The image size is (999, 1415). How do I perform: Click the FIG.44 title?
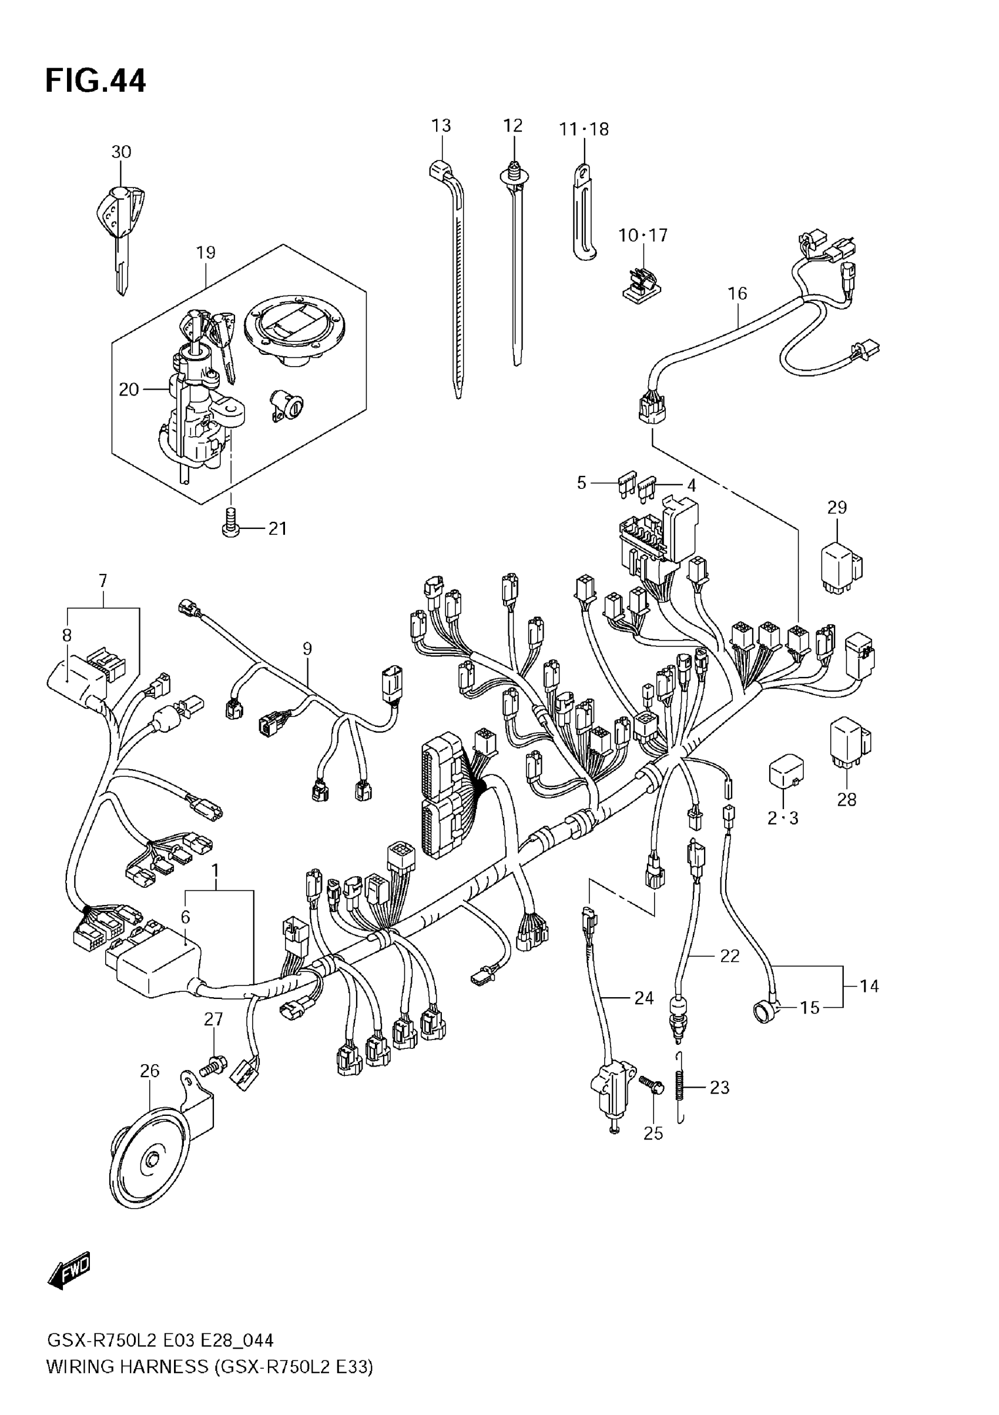tap(96, 81)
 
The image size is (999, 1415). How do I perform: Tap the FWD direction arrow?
tap(69, 1272)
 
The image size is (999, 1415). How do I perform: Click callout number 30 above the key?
tap(122, 152)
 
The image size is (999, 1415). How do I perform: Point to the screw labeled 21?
tap(230, 524)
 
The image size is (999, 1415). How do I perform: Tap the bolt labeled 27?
tap(213, 1065)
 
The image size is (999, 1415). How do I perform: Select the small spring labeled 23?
tap(680, 1088)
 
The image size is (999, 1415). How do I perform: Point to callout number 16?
tap(737, 293)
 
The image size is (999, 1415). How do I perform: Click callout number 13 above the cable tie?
tap(441, 126)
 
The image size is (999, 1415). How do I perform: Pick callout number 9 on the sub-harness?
tap(307, 648)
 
